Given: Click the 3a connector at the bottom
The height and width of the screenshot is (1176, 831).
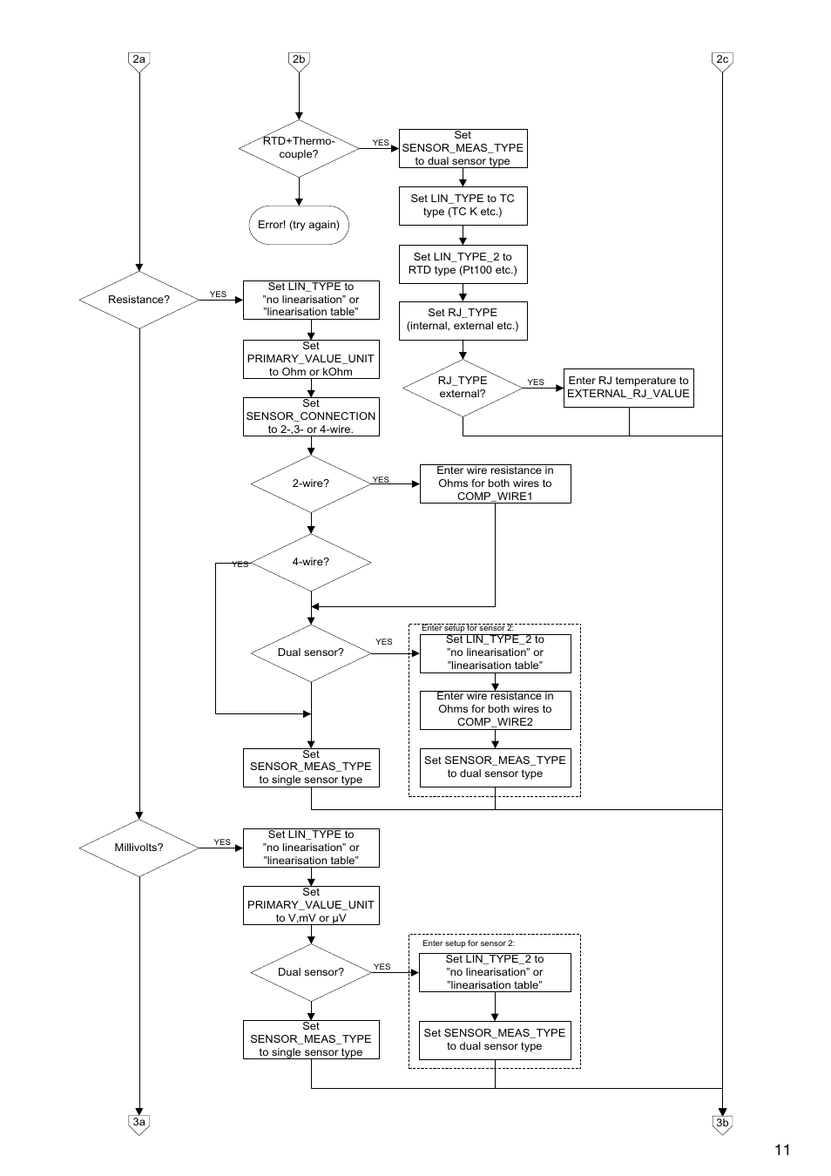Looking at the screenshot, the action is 139,1124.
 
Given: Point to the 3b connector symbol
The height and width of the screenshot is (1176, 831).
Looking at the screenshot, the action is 722,1125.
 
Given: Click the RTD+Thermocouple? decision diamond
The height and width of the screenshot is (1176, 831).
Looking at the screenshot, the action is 299,149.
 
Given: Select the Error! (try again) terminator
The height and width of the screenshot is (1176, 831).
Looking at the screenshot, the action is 299,225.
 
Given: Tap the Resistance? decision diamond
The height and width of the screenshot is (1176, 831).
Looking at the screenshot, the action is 139,300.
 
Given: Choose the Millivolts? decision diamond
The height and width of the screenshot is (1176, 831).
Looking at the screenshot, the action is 139,848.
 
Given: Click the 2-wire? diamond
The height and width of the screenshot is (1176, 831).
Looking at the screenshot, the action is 311,483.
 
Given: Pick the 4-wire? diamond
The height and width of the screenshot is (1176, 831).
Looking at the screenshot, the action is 311,562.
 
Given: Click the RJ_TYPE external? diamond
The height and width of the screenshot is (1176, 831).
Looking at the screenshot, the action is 463,388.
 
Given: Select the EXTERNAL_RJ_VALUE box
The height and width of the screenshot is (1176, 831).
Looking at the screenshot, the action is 629,388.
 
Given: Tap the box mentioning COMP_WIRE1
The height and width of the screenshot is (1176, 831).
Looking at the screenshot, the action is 495,483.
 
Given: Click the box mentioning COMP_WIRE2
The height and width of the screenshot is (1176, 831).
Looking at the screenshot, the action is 495,710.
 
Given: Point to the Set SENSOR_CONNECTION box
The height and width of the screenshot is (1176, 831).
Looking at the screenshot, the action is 311,417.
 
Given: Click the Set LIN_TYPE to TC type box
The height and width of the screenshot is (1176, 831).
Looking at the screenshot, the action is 463,206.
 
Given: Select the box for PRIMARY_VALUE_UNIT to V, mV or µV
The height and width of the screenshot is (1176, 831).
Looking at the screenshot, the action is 311,906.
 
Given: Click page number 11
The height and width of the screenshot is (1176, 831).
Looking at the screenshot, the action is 782,1150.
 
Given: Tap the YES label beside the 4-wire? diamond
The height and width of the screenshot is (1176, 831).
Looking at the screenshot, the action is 240,564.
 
